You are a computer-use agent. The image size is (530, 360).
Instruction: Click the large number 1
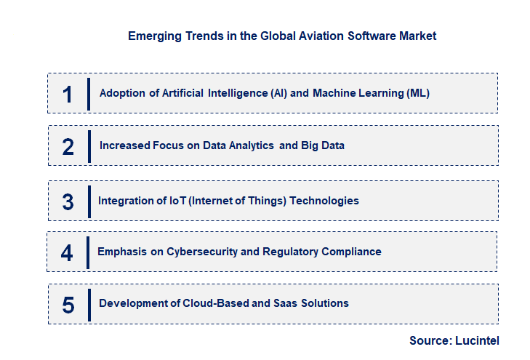point(68,94)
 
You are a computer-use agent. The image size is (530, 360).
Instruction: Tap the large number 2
point(68,146)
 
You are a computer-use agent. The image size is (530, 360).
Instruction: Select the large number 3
point(68,201)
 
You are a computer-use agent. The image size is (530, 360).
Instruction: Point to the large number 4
point(67,252)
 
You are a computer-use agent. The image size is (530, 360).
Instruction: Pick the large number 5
point(68,304)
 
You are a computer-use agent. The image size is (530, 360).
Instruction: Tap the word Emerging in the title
point(153,36)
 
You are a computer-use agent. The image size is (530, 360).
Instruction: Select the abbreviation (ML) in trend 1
point(417,93)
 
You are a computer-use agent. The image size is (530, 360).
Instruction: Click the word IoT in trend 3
point(176,201)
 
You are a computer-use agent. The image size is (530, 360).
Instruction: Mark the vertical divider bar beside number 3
point(89,201)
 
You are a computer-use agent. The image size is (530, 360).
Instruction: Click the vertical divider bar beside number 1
point(88,94)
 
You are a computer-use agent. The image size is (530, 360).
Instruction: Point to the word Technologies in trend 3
point(324,201)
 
